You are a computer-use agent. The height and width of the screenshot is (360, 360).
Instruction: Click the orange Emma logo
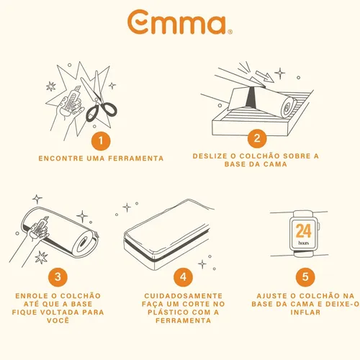pos(179,22)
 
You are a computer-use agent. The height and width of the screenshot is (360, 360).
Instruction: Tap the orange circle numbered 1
pos(101,140)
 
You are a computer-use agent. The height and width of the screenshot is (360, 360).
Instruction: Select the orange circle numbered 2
pos(257,138)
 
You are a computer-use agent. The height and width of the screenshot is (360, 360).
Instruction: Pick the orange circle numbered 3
pos(58,277)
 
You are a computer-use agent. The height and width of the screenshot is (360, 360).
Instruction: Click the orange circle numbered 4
pos(183,277)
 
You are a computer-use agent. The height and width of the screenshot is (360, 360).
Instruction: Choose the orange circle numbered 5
pos(305,276)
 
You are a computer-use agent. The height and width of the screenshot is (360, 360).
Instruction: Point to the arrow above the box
pos(264,76)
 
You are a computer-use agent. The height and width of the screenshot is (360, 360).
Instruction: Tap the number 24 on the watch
pos(304,231)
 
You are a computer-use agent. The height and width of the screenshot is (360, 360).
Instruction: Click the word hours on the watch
pos(304,243)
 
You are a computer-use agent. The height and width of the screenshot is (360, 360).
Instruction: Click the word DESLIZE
pos(210,156)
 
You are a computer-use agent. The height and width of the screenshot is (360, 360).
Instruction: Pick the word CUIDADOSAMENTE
pos(184,296)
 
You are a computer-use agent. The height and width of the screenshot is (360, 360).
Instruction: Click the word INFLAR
pos(305,312)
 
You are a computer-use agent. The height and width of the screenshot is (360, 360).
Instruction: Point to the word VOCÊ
pos(58,320)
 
